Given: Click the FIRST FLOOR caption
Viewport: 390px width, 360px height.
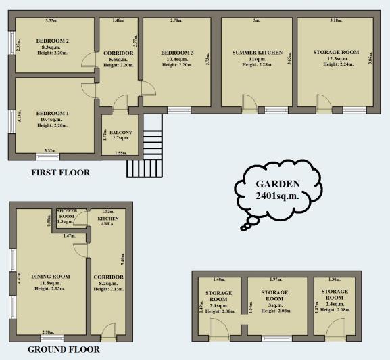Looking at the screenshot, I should click(x=61, y=173).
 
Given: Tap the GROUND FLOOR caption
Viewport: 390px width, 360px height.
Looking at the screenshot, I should click(x=64, y=350).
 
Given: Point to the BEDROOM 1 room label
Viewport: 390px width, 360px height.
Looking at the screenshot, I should click(x=53, y=112).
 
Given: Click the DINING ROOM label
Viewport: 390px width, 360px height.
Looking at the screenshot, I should click(x=51, y=276).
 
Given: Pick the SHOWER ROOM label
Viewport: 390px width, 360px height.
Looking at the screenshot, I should click(x=66, y=215).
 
